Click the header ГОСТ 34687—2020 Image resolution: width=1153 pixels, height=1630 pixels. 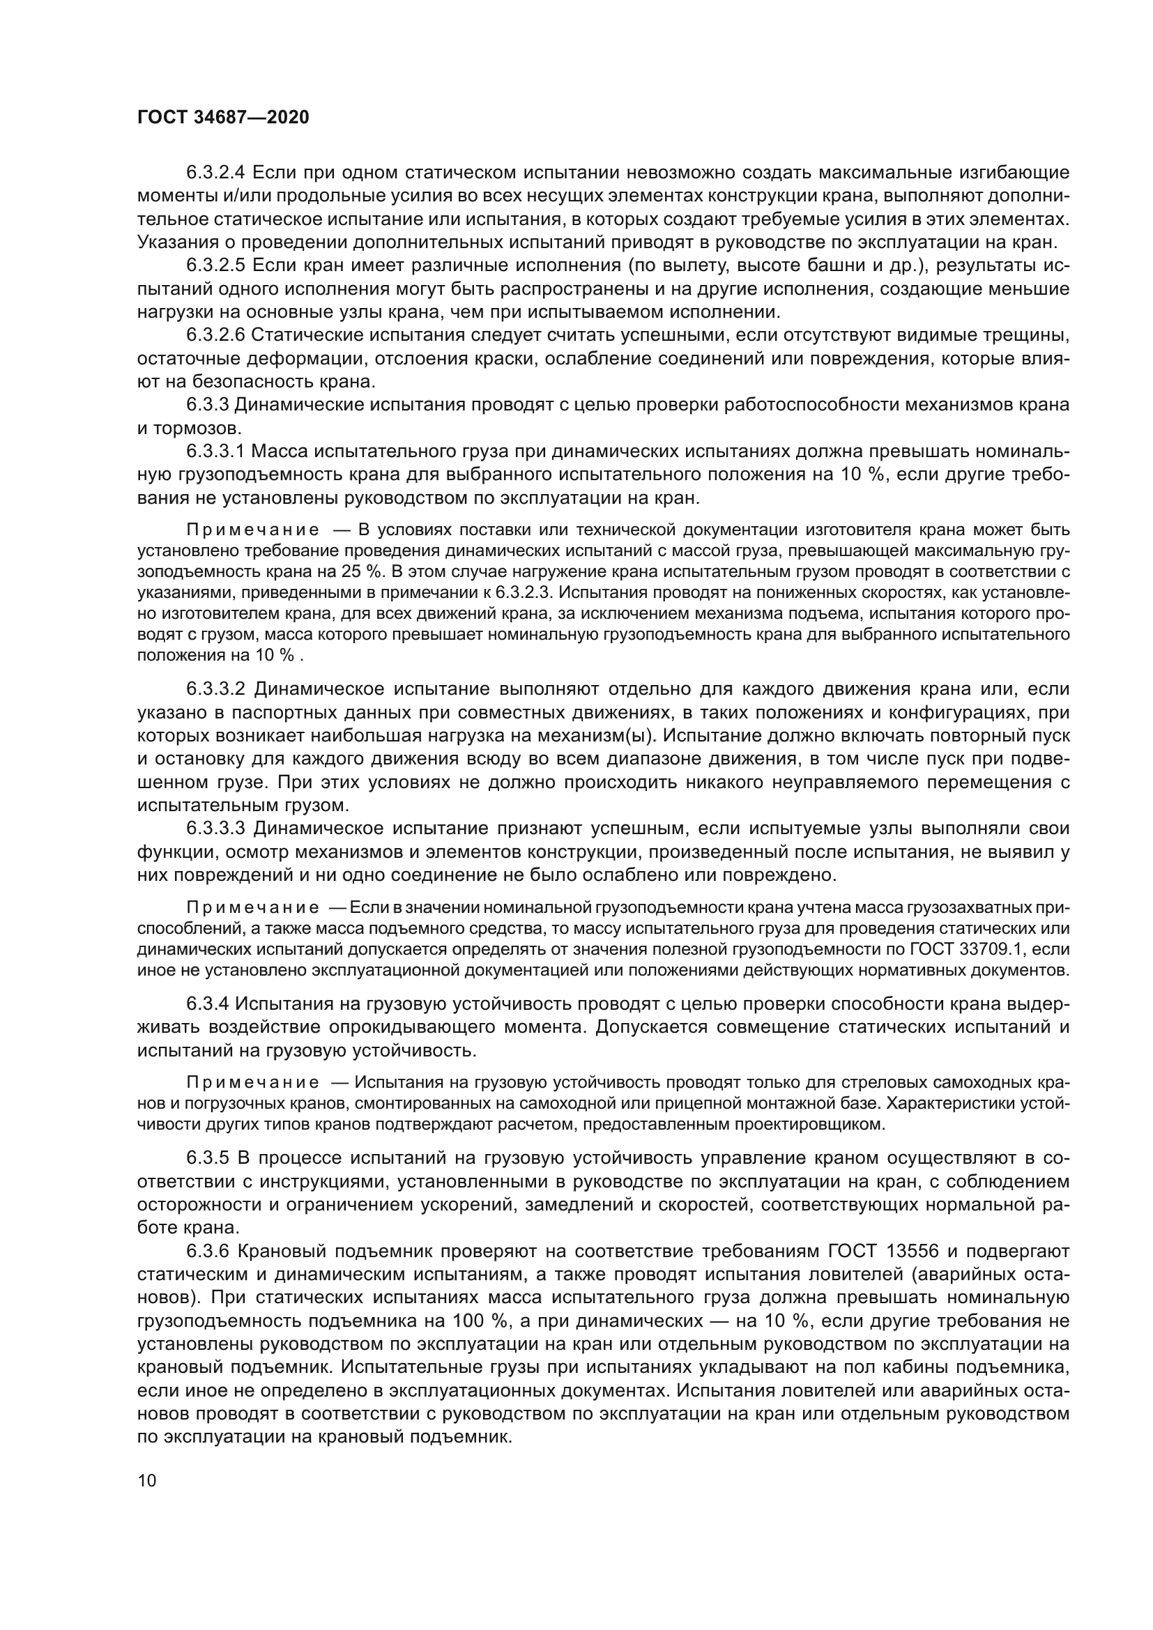click(x=223, y=118)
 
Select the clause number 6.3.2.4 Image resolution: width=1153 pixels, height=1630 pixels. click(x=215, y=173)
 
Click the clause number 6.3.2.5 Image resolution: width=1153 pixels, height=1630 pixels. click(x=215, y=266)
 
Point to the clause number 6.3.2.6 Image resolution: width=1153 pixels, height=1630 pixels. click(x=215, y=335)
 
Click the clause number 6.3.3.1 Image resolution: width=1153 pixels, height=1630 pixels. click(x=215, y=452)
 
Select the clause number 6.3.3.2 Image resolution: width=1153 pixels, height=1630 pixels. click(x=215, y=689)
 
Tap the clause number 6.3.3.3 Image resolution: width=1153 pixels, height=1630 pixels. click(x=215, y=829)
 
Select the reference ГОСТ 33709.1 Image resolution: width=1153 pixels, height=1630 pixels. click(x=983, y=949)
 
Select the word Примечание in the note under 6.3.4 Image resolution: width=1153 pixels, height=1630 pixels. click(x=252, y=1083)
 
